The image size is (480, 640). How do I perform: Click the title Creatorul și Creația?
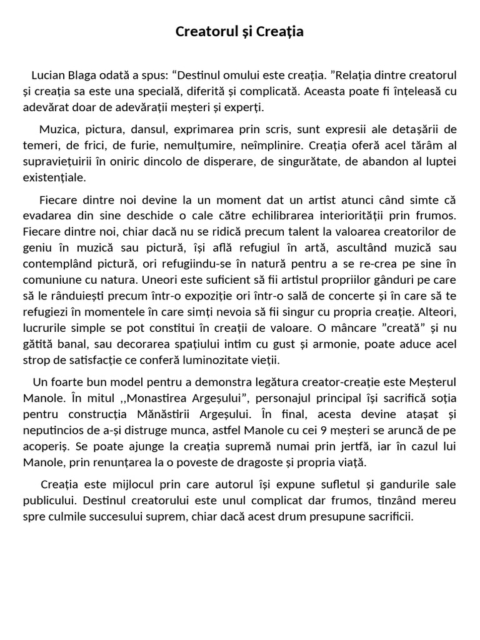[240, 32]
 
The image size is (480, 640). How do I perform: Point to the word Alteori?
[436, 311]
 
